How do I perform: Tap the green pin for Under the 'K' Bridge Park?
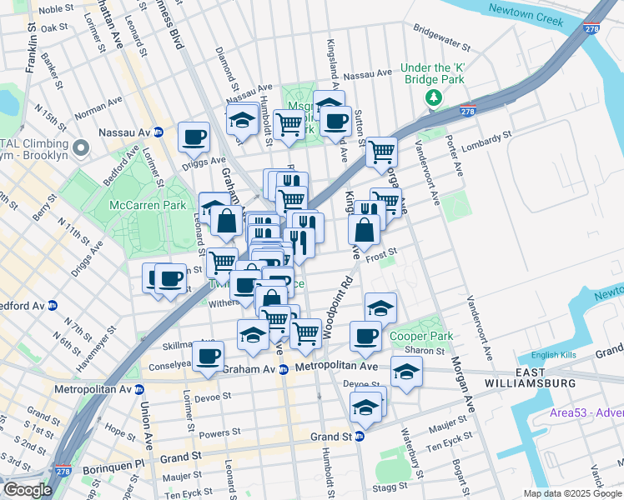point(432,98)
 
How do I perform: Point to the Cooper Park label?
point(422,337)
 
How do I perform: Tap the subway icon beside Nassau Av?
point(159,132)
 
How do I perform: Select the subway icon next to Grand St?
point(360,436)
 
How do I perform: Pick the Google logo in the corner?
point(28,489)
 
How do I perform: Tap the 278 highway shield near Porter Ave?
point(467,112)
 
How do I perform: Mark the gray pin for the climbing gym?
point(80,147)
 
